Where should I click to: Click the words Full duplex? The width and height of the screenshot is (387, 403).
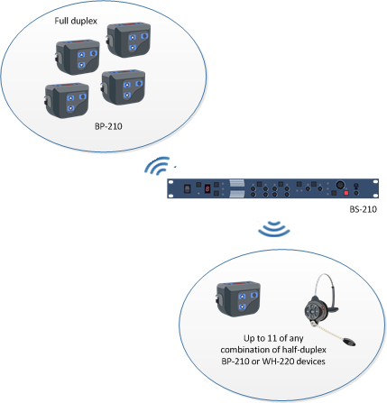click(x=76, y=21)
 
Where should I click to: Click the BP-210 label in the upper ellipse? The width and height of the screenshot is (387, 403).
click(x=108, y=126)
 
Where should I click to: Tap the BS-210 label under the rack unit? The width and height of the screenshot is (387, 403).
click(x=363, y=209)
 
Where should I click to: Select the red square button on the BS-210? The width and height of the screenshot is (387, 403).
click(x=346, y=193)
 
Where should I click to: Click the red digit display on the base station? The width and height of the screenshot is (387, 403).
click(x=207, y=189)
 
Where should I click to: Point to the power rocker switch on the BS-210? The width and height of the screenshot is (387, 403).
click(x=188, y=189)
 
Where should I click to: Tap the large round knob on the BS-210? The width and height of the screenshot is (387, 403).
click(x=340, y=185)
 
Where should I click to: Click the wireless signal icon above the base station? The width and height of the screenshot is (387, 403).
click(x=157, y=166)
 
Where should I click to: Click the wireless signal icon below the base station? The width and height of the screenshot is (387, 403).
click(x=274, y=229)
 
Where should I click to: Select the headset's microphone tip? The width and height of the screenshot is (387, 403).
click(x=349, y=342)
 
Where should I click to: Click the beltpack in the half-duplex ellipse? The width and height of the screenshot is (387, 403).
click(x=238, y=298)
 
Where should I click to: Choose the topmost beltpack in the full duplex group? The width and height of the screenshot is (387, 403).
click(x=128, y=40)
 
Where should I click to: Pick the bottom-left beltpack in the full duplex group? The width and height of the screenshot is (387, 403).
click(x=67, y=100)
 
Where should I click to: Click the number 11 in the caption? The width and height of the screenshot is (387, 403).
click(x=272, y=338)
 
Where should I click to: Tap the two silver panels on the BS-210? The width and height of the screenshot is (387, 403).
click(x=237, y=188)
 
